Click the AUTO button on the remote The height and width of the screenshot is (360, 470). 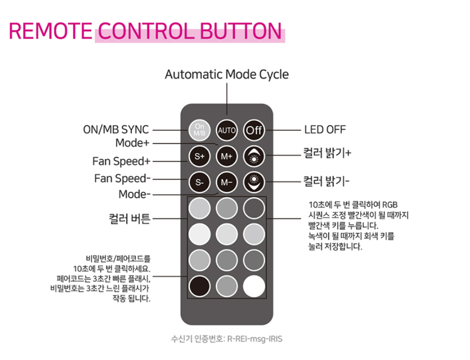tap(226, 130)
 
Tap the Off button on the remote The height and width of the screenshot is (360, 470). tap(254, 130)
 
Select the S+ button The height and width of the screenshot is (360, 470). tap(199, 156)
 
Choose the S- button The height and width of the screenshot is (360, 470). tap(199, 182)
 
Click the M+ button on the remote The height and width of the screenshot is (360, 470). tap(226, 156)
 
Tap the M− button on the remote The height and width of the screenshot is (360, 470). tap(226, 182)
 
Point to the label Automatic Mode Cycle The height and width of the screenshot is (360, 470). tap(226, 75)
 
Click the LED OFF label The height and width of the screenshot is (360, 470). tap(325, 130)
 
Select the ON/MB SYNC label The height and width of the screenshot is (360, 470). tap(116, 130)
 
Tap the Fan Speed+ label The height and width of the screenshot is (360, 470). tap(121, 161)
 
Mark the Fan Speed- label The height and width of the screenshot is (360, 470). tap(122, 178)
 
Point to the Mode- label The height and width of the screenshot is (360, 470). tap(134, 194)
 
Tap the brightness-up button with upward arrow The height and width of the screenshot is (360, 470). tap(254, 156)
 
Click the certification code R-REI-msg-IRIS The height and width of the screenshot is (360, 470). tap(255, 339)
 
